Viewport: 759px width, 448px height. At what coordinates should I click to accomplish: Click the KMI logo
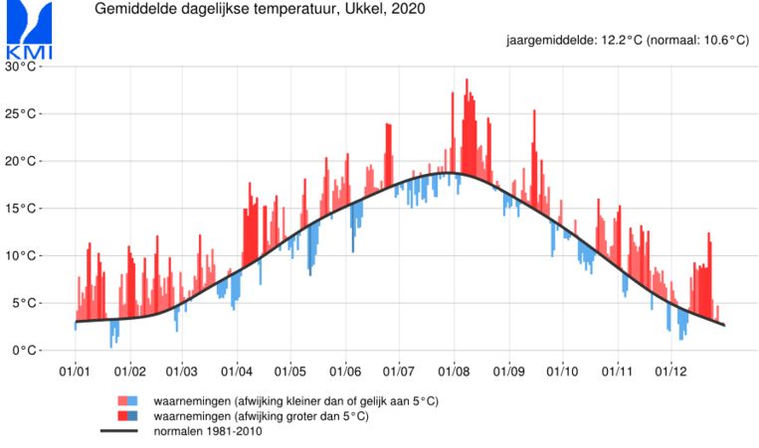(x=29, y=31)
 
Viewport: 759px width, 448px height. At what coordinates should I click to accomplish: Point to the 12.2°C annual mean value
(x=613, y=41)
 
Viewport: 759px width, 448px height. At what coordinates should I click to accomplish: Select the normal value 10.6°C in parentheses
(x=714, y=41)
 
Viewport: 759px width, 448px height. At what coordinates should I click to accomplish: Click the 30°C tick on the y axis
(x=20, y=67)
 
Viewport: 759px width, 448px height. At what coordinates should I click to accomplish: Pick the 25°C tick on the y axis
(x=20, y=114)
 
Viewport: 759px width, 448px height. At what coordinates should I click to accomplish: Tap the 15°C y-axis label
(x=20, y=209)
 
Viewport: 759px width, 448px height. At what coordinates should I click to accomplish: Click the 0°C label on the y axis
(x=23, y=351)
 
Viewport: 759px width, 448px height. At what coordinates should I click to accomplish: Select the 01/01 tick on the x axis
(x=76, y=373)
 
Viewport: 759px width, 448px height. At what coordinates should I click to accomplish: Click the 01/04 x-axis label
(x=237, y=373)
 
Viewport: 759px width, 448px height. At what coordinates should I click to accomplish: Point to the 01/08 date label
(x=454, y=373)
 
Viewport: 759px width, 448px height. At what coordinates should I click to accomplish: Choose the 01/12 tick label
(x=670, y=373)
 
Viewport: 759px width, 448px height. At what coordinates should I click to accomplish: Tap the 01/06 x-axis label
(x=345, y=373)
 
